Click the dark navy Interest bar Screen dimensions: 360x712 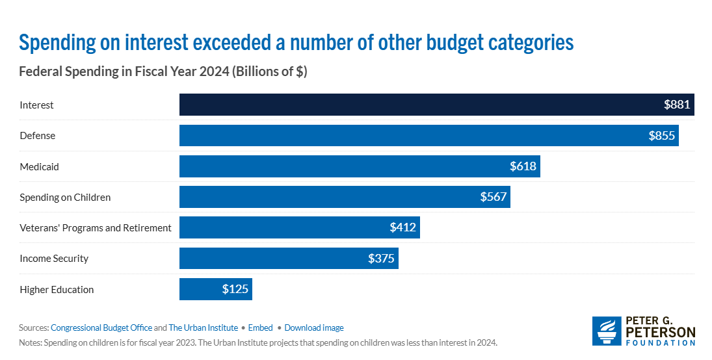click(416, 105)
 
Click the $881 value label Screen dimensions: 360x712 click(676, 105)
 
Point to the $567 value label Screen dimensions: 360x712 click(493, 197)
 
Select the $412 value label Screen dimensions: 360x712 click(402, 227)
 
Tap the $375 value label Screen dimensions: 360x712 click(381, 259)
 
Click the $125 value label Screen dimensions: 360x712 click(235, 289)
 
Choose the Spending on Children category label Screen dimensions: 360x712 click(65, 197)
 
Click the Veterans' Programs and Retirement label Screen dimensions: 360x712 click(96, 227)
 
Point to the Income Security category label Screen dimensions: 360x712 click(54, 259)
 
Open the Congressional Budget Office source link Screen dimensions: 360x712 click(101, 328)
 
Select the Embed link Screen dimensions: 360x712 click(261, 328)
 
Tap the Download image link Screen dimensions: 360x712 click(314, 328)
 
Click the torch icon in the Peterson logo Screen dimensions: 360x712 click(607, 331)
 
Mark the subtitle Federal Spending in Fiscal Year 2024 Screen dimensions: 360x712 click(163, 72)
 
